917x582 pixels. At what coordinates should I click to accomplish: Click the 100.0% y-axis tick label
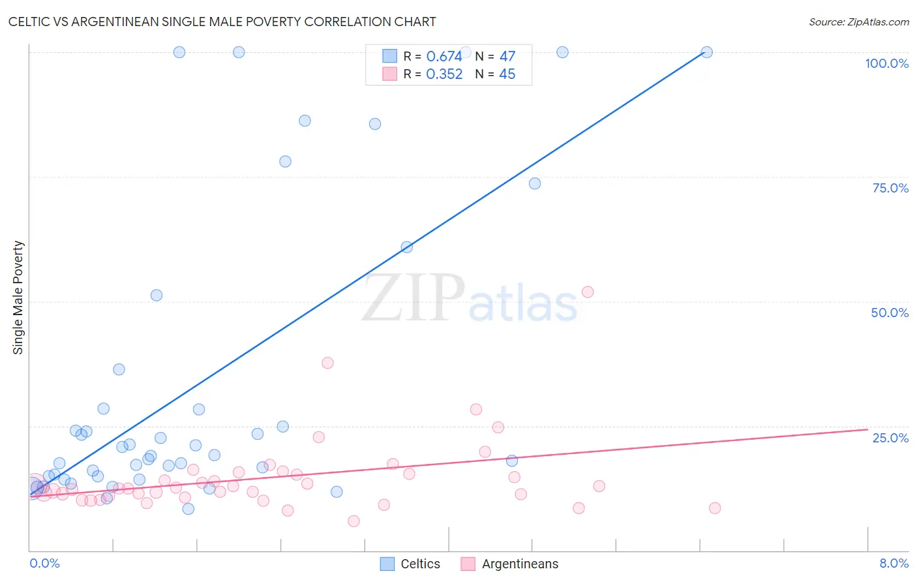coord(886,63)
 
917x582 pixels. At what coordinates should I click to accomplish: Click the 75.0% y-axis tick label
coord(890,188)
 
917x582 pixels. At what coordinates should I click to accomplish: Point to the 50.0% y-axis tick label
coord(890,313)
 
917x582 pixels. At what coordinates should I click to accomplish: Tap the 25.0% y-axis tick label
coord(890,437)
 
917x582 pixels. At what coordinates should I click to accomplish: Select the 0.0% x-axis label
coord(44,563)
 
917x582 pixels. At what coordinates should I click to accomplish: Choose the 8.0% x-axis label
coord(894,563)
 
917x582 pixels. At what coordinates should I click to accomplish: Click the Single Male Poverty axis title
coord(18,298)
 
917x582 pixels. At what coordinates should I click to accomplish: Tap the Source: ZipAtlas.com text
coord(858,22)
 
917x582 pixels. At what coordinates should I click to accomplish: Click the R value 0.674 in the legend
coord(444,57)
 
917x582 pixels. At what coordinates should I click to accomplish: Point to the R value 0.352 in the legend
coord(444,74)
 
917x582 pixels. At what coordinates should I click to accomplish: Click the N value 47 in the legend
coord(507,57)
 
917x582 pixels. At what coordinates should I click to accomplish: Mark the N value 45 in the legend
coord(507,74)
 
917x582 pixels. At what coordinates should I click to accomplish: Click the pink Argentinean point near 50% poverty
coord(588,292)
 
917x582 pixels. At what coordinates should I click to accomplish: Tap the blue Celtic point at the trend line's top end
coord(706,52)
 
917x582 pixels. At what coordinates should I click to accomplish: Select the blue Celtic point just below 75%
coord(535,183)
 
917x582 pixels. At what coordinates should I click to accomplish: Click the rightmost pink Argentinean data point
coord(715,508)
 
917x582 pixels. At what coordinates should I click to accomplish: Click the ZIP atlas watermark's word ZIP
coord(413,298)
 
